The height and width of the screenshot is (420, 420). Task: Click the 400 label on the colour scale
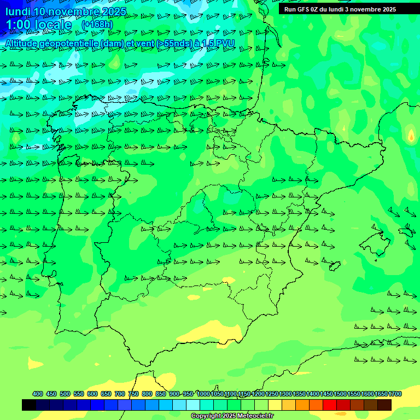(38, 394)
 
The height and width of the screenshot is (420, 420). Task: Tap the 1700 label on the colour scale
(395, 394)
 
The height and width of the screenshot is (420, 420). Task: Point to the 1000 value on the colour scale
(203, 394)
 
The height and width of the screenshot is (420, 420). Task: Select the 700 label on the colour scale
(120, 394)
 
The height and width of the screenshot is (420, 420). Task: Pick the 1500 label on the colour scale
(341, 394)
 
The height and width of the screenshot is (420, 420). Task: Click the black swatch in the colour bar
(29, 405)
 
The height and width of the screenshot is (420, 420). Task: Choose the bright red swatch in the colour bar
(330, 405)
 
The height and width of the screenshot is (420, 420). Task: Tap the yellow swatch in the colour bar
(275, 405)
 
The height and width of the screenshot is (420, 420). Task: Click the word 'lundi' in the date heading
(17, 11)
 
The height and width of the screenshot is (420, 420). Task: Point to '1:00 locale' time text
(38, 25)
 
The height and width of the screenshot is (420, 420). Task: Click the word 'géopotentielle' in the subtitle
(71, 43)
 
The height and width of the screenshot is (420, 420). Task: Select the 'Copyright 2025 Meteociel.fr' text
(232, 416)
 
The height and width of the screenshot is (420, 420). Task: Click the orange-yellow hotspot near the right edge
(411, 135)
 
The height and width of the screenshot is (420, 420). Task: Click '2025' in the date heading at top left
(114, 11)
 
